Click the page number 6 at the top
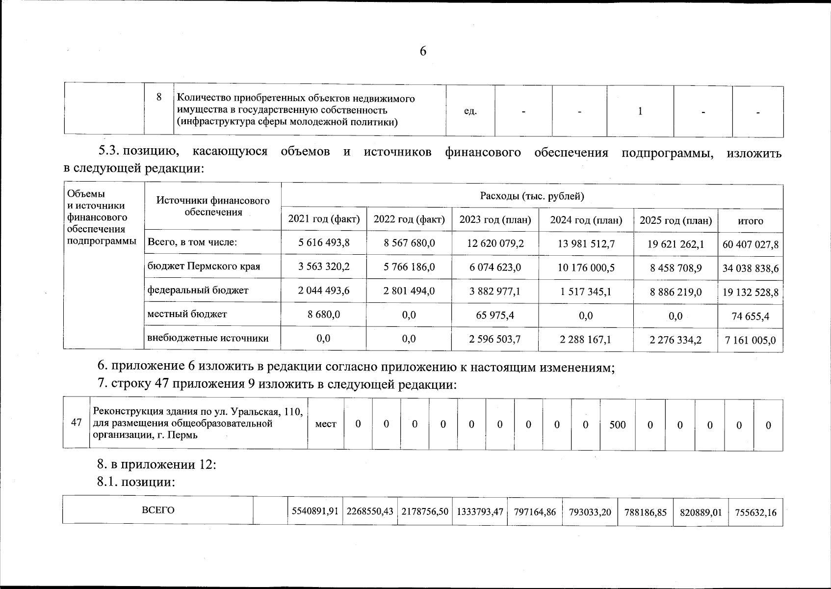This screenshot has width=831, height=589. click(423, 52)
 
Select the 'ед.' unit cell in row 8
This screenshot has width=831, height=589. click(470, 111)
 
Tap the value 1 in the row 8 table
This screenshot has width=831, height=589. click(640, 111)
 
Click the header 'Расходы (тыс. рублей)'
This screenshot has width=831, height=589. click(532, 196)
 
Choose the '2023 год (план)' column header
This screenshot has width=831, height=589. click(495, 220)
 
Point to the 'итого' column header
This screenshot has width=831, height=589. click(750, 221)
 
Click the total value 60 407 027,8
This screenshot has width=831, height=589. click(750, 244)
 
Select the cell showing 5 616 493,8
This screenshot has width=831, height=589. click(324, 242)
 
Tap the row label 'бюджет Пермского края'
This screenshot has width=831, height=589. click(204, 267)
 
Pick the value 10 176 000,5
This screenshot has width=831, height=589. click(586, 268)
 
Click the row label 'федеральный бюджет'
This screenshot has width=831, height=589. click(198, 290)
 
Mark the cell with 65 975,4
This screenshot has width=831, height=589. click(495, 315)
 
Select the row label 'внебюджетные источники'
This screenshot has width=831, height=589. click(208, 338)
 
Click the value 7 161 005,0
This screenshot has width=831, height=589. click(750, 340)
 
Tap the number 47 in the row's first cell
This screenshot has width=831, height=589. click(76, 423)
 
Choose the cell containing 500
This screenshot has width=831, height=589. click(617, 425)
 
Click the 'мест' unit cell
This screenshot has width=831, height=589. click(326, 424)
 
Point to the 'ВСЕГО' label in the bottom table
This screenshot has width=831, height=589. click(158, 510)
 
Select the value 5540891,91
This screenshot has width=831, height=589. click(315, 511)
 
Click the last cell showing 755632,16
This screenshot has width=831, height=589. click(755, 512)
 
